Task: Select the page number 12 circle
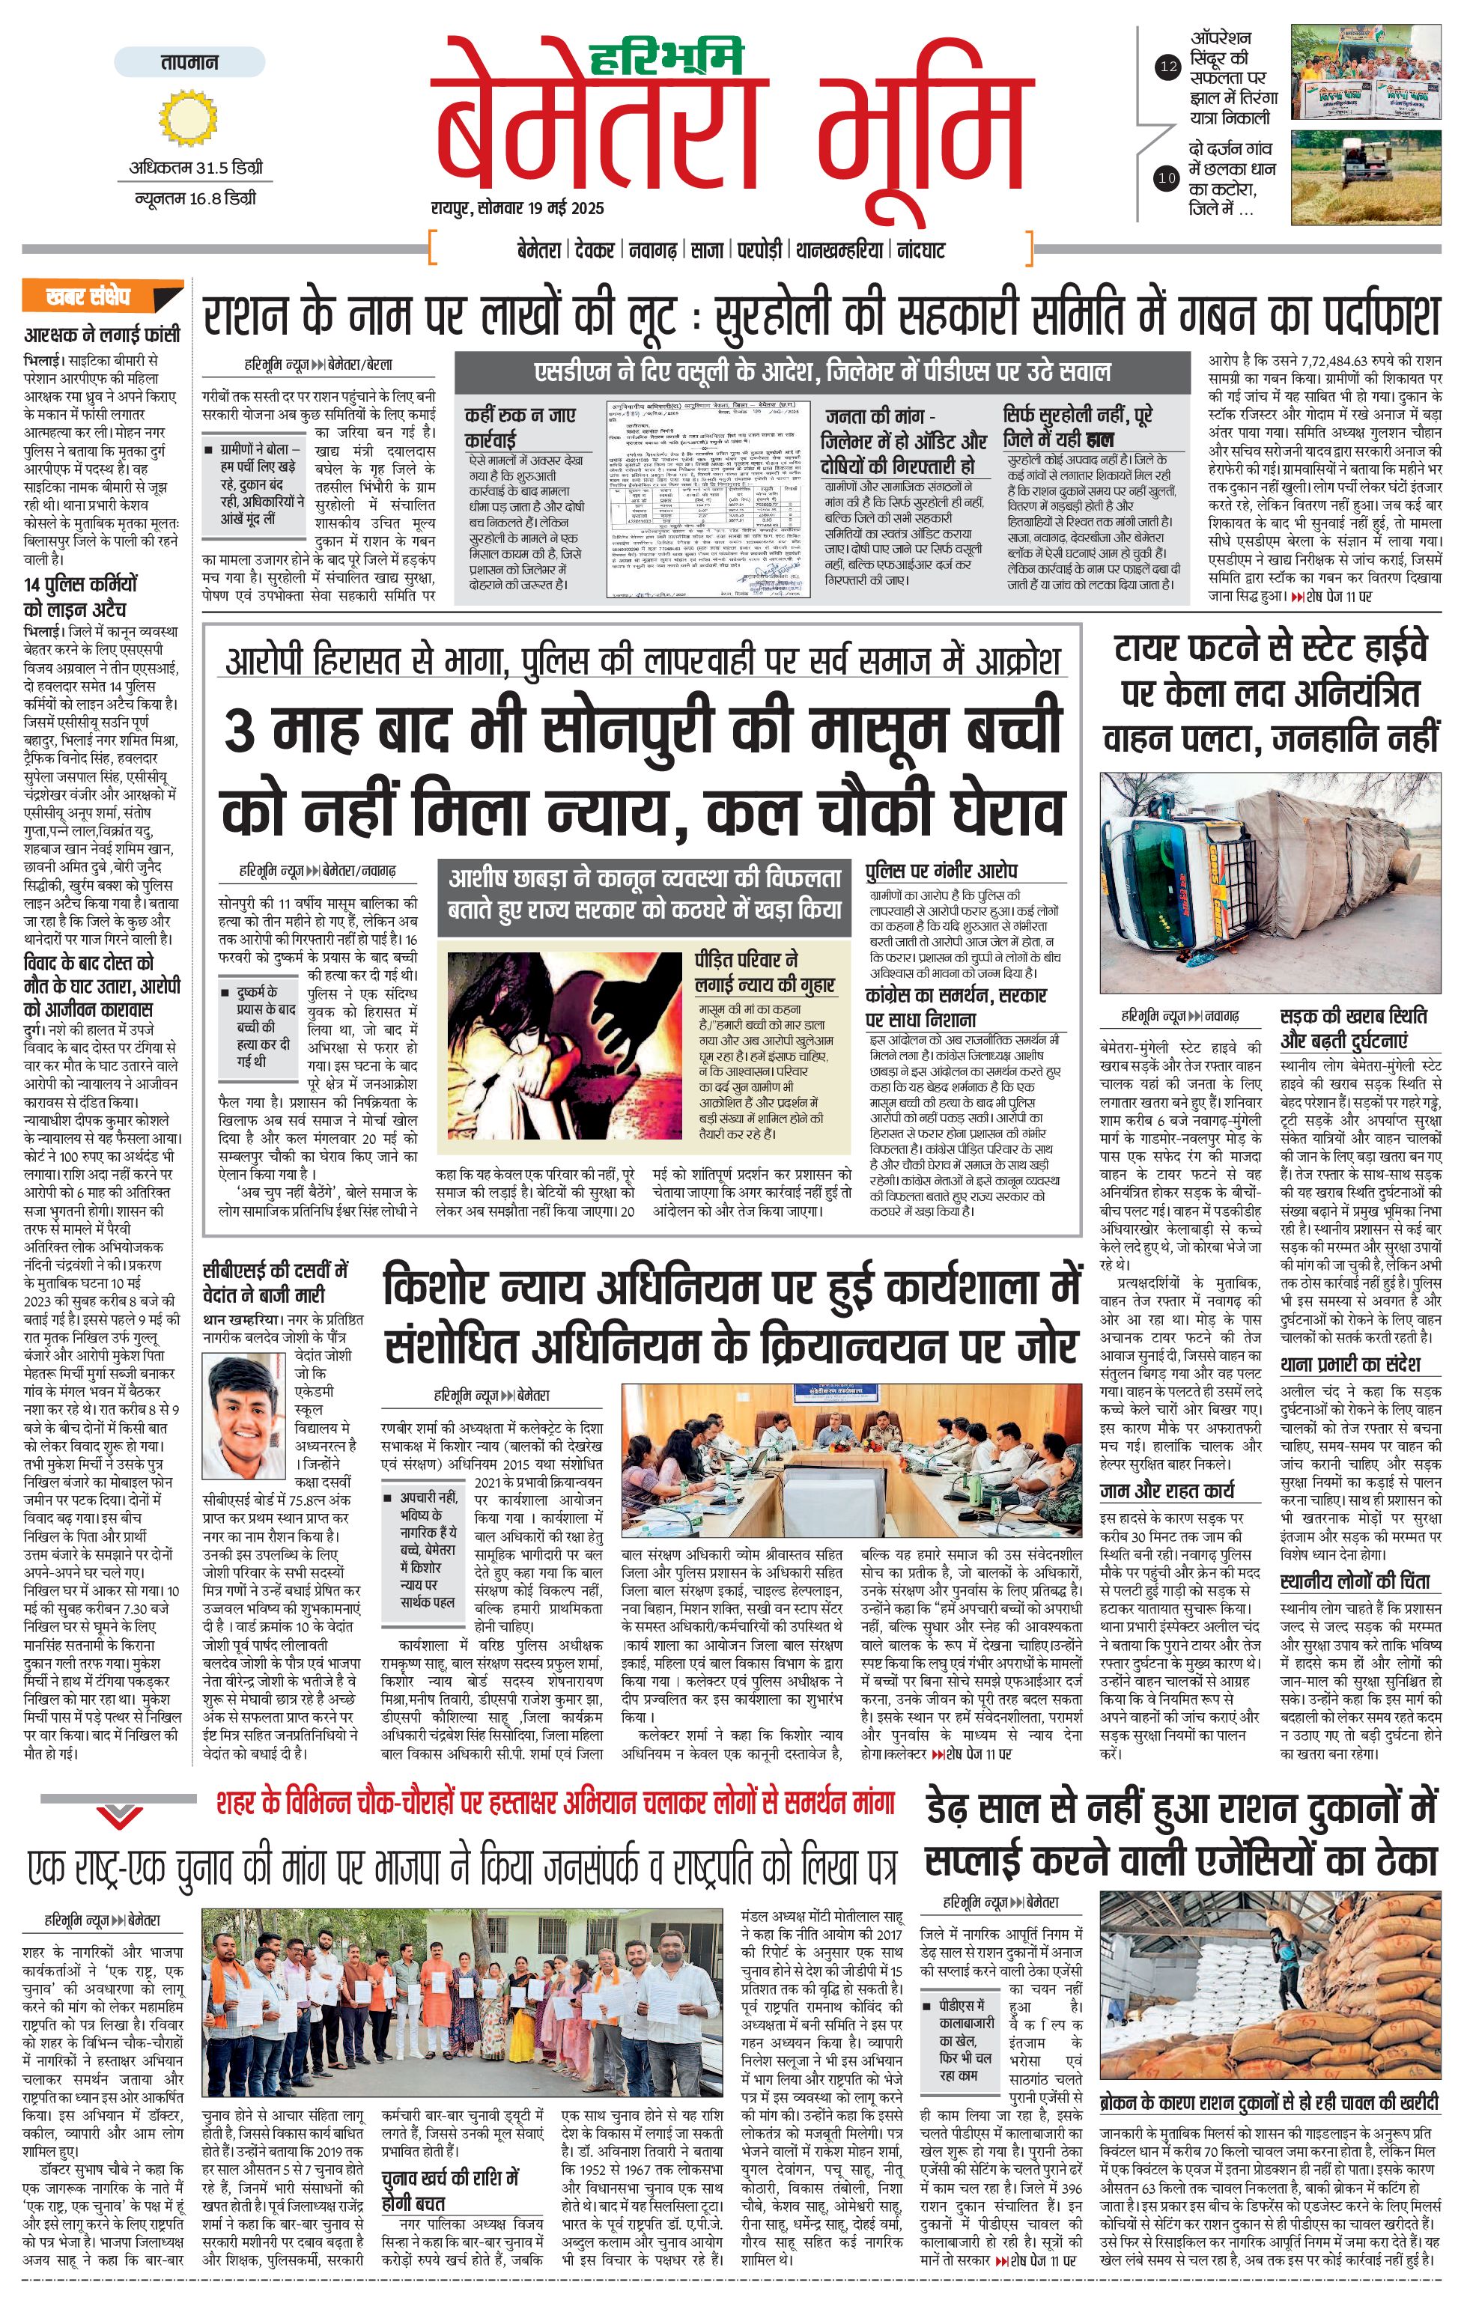point(1168,67)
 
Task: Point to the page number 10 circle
point(1167,177)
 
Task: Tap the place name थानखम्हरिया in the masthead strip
point(839,251)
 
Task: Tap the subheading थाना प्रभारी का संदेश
point(1349,1364)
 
